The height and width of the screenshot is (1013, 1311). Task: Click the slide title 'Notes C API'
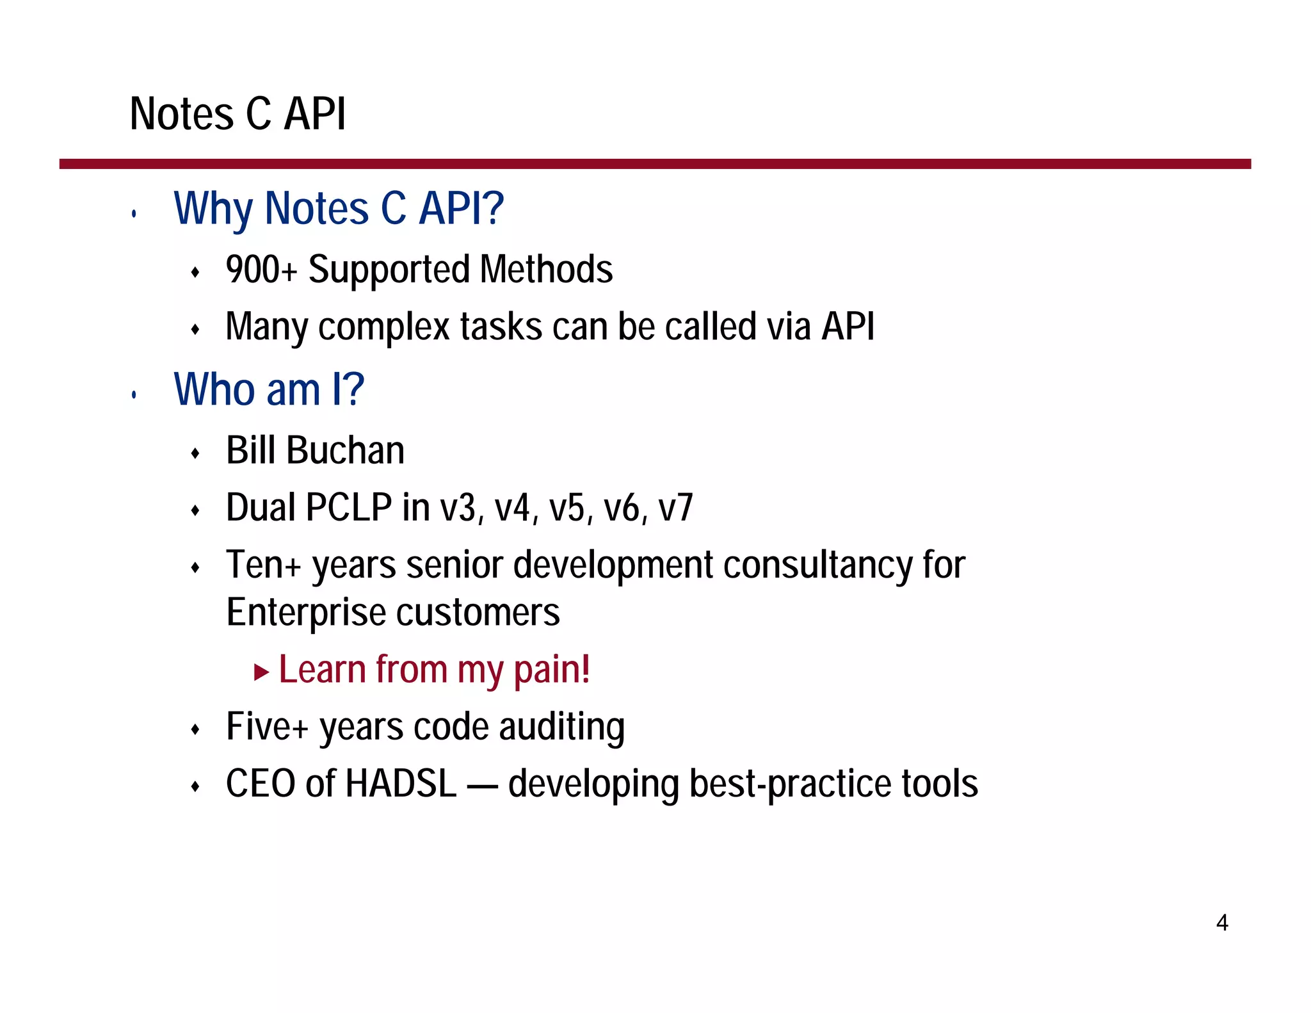point(237,114)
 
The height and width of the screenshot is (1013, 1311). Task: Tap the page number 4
point(1221,923)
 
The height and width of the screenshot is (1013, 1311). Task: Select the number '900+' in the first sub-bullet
point(261,270)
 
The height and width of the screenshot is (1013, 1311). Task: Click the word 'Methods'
point(546,270)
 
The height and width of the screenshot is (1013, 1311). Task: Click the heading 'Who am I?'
point(269,389)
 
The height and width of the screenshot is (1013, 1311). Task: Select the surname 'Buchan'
point(345,450)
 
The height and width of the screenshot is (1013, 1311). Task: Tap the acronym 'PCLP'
point(349,508)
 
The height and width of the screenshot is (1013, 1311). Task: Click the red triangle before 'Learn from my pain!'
point(261,672)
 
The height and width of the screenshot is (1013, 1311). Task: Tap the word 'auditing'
point(561,727)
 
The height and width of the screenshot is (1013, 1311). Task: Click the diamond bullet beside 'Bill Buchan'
point(196,454)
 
